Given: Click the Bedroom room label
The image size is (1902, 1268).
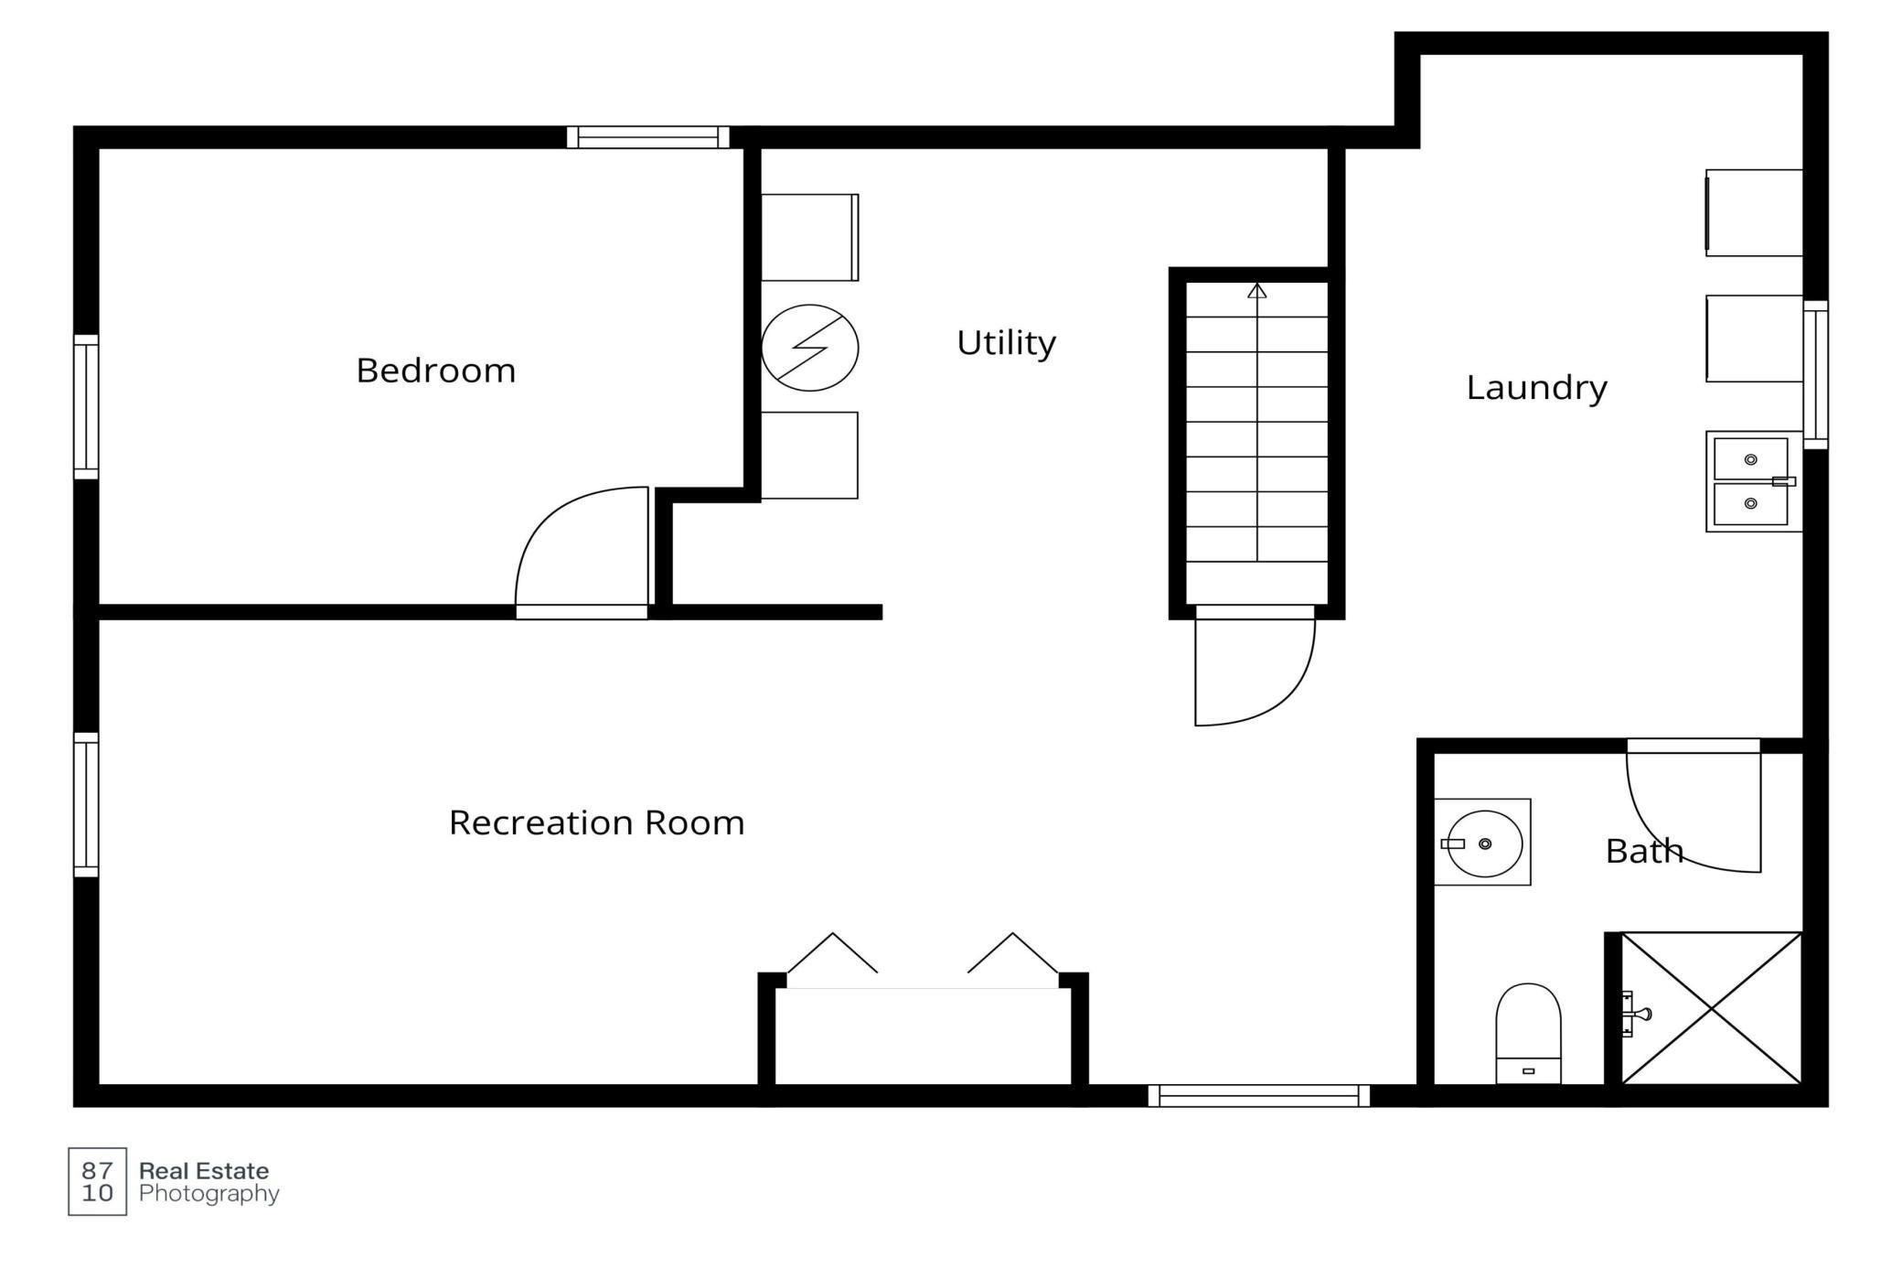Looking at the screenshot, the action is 436,371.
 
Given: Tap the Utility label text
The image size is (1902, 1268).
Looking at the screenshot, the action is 1006,344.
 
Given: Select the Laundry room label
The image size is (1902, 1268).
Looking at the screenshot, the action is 1536,388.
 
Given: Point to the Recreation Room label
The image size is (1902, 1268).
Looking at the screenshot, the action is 596,823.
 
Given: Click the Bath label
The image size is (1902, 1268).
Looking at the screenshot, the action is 1644,852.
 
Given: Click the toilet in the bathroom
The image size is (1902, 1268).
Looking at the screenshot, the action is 1528,1034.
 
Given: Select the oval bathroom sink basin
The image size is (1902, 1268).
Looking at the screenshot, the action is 1484,844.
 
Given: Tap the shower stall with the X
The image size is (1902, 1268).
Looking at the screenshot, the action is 1711,1008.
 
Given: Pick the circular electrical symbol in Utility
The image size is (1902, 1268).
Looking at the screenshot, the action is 809,349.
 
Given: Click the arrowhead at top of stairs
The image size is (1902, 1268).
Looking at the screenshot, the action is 1257,291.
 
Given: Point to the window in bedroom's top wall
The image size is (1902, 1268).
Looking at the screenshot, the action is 648,137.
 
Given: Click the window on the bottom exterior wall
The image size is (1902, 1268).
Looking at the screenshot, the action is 1258,1095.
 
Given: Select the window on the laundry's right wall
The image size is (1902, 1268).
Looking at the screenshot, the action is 1815,375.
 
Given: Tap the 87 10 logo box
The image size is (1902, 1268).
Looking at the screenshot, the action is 98,1181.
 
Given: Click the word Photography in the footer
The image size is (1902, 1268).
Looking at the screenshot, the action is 209,1195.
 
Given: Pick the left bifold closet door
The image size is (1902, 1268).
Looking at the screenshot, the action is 832,953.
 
